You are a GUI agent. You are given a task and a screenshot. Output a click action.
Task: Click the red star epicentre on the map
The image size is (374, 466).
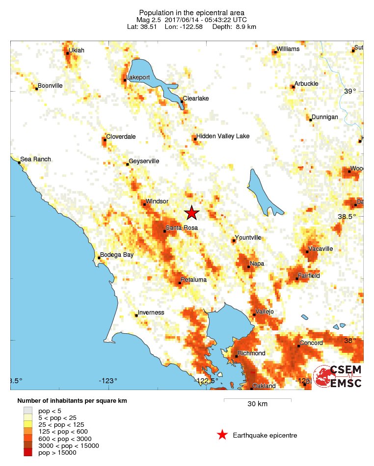(192, 212)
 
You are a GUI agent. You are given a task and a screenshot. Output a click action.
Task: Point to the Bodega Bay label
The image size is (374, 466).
(117, 255)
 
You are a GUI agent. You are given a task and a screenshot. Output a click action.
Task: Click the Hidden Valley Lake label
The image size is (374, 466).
(223, 136)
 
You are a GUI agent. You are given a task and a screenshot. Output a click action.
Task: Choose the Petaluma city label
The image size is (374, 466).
(193, 280)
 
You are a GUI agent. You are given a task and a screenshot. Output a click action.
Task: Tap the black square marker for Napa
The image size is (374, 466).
(249, 267)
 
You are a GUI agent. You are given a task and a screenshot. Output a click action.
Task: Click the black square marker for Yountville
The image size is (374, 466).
(233, 241)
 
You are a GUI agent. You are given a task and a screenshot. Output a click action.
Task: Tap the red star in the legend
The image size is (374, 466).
(222, 435)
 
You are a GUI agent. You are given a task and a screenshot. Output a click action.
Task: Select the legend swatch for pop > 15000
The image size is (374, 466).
(28, 453)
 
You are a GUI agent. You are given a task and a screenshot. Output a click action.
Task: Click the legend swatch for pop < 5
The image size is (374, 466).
(28, 410)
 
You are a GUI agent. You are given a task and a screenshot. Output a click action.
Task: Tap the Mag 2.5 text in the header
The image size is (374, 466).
(150, 20)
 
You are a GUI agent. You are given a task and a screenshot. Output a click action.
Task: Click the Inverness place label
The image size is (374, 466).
(151, 313)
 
